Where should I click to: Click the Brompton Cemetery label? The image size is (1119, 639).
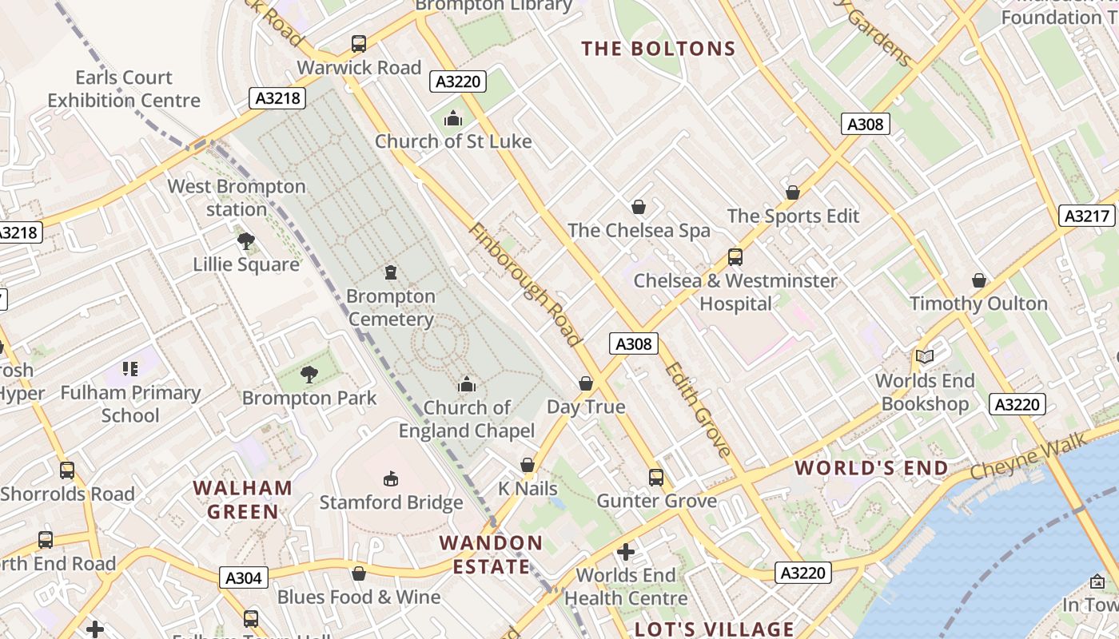[x=391, y=308]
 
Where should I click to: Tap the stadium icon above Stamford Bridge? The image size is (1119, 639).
[x=391, y=478]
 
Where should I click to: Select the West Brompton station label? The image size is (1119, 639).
[x=237, y=198]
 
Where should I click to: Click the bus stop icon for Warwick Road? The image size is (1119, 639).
[x=359, y=44]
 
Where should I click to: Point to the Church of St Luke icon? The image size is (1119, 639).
[x=453, y=119]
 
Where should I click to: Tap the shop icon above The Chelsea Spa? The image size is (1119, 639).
[x=639, y=208]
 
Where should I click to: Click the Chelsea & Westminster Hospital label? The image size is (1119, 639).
[x=735, y=292]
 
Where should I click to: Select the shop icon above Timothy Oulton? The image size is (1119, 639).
[x=979, y=280]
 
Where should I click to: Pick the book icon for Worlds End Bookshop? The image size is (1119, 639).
[x=925, y=357]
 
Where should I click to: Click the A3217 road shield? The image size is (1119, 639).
[x=1087, y=216]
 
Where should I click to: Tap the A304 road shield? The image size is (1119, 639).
[x=244, y=577]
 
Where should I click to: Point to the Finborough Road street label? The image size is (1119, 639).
[x=524, y=284]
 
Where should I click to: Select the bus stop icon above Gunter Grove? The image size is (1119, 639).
[x=656, y=478]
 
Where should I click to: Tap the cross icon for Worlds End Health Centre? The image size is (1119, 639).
[x=626, y=552]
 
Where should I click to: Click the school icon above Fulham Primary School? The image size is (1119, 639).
[x=130, y=369]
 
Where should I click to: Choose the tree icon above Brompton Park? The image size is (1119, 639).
[x=309, y=374]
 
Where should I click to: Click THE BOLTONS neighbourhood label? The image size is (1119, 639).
[x=659, y=49]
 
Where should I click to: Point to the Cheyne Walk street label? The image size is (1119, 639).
[x=1029, y=456]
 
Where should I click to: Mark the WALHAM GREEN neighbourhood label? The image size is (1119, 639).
[x=243, y=499]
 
